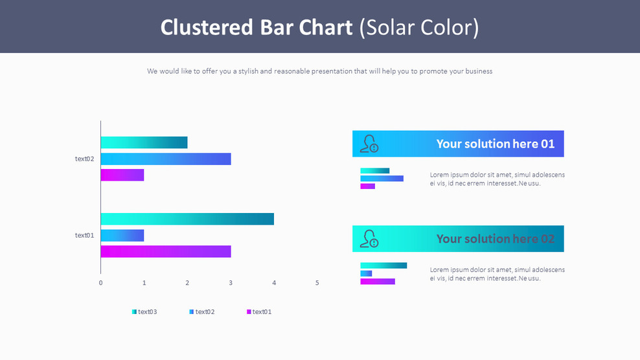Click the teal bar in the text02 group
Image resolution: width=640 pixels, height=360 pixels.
coord(144,142)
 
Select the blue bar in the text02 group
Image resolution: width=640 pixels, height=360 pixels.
coord(165,159)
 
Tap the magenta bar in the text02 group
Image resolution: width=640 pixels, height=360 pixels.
coord(122,175)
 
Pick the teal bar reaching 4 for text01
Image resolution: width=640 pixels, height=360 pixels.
coord(187,219)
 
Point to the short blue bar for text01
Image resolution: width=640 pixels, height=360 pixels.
coord(122,235)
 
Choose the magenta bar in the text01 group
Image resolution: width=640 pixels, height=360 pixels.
coord(165,251)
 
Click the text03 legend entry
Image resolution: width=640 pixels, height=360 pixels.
coord(144,312)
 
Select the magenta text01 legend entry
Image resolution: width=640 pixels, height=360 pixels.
coord(259,312)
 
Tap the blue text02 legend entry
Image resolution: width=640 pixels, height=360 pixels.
coord(202,312)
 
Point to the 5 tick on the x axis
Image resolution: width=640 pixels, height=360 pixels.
coord(317,283)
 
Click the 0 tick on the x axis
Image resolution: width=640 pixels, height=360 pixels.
coord(100,283)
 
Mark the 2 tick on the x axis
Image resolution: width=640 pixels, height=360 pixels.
coord(187,283)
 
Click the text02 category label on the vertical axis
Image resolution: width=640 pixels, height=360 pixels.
coord(84,159)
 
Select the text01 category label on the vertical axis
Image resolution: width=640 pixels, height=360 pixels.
coord(84,235)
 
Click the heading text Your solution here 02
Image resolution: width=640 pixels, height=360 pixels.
coord(495,239)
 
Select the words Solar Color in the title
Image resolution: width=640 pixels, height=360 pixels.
coord(419,27)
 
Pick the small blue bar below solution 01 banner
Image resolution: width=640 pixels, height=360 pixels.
coord(382,178)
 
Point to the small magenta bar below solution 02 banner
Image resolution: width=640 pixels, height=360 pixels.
coord(377,282)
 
